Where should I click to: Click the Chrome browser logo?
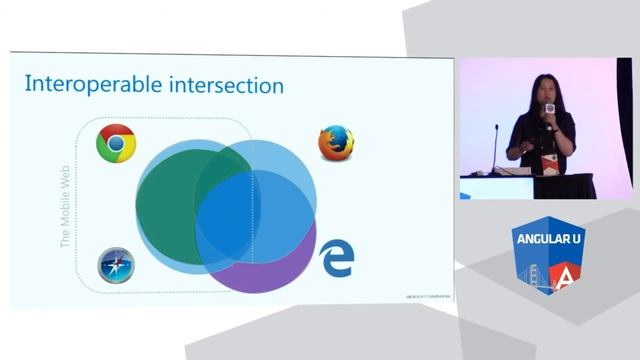(116, 144)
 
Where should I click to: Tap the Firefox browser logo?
(336, 143)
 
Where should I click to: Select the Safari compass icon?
(116, 267)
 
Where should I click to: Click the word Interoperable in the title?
(97, 85)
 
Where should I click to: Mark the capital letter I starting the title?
(27, 85)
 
